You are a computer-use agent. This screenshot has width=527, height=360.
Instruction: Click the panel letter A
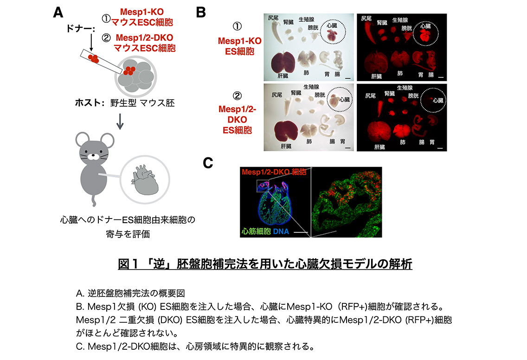(58, 13)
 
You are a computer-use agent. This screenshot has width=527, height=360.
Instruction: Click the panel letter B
(201, 13)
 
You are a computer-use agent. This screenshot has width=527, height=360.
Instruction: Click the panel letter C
(208, 163)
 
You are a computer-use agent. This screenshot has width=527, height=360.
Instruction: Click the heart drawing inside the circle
(145, 180)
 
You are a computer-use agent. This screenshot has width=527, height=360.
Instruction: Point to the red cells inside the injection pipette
(93, 58)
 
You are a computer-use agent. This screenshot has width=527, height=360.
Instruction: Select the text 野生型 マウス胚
(142, 103)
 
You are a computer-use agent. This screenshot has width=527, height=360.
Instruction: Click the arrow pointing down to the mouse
(120, 122)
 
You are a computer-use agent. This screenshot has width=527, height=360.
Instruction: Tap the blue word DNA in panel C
(281, 231)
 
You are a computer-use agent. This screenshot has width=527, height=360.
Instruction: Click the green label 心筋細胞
(256, 231)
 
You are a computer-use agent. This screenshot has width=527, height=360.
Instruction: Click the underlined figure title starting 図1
(265, 264)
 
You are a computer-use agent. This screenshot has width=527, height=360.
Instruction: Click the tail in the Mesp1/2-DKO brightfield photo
(288, 107)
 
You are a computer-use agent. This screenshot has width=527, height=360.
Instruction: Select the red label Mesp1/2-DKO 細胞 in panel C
(274, 172)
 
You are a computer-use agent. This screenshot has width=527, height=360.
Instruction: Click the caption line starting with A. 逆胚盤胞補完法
(130, 294)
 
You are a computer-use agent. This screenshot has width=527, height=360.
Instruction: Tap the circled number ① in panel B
(237, 26)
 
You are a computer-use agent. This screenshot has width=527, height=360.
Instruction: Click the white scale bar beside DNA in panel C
(301, 232)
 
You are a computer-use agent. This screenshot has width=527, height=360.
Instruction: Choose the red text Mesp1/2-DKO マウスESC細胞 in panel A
(145, 43)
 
